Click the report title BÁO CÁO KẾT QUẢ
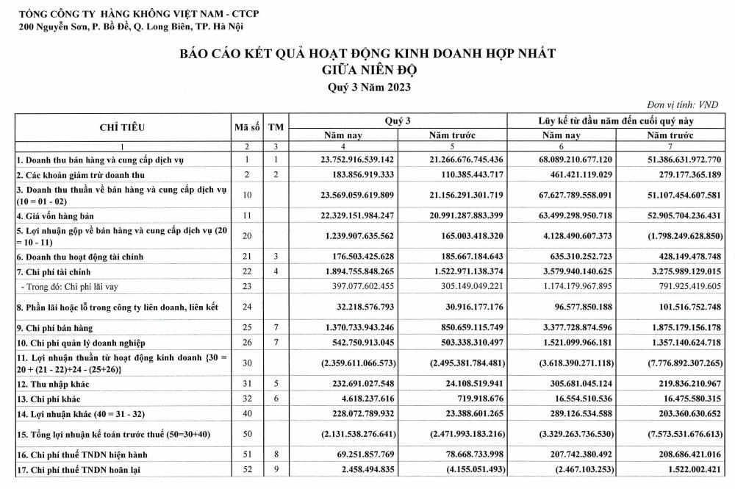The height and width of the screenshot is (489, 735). [367, 54]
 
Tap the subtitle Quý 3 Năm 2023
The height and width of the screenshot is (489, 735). [367, 87]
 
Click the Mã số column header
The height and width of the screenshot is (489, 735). [248, 126]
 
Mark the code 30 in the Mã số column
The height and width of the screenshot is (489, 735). [248, 363]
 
